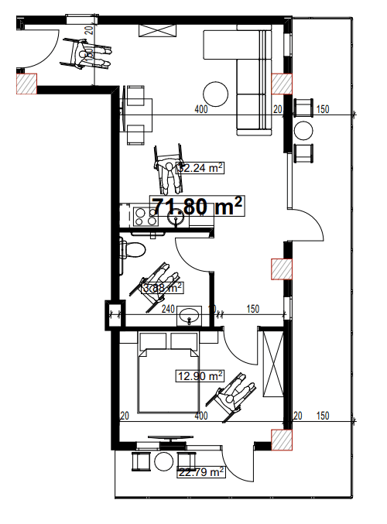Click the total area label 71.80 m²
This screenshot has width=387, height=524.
[197, 207]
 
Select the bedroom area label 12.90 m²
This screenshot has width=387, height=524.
[200, 376]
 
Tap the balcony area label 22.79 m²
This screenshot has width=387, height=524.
[200, 471]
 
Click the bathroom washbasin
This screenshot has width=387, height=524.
[190, 316]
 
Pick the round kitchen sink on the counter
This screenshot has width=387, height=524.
[175, 218]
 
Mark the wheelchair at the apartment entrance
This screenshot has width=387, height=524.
[91, 53]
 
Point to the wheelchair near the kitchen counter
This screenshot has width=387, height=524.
[170, 166]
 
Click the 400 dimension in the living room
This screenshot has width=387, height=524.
[201, 110]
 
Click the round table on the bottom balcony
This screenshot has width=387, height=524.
[164, 461]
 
